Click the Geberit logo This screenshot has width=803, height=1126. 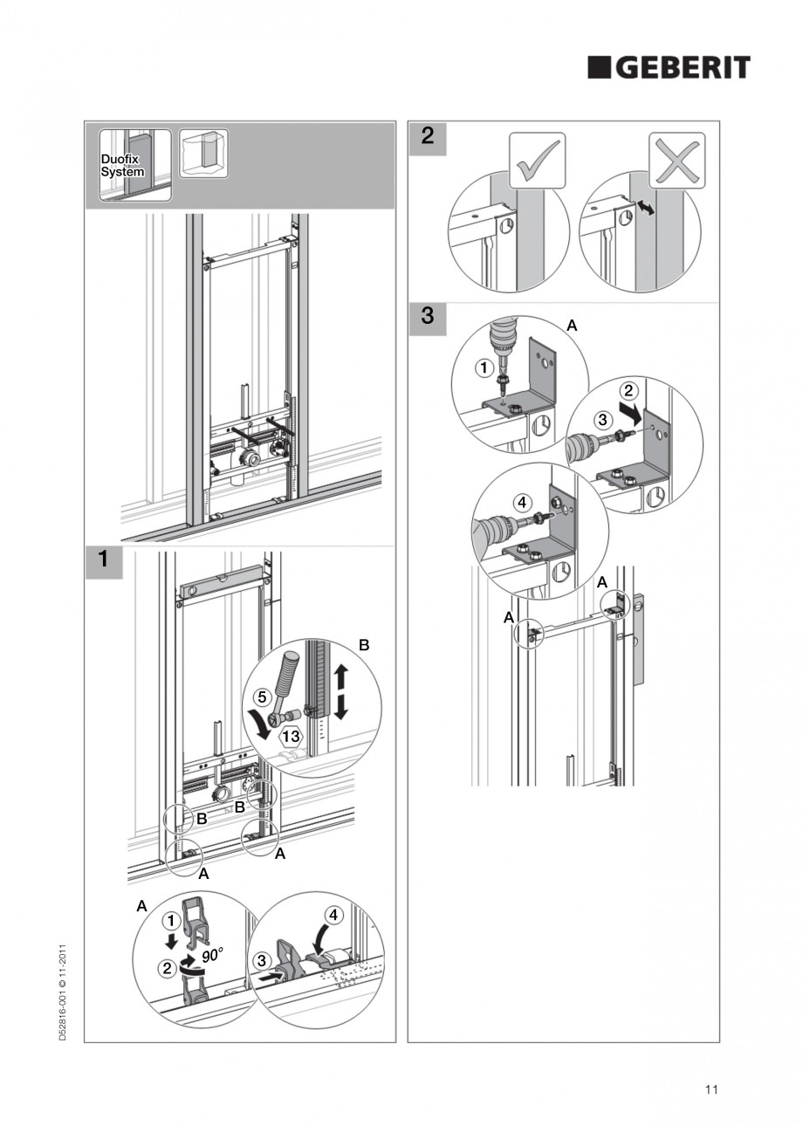tap(669, 68)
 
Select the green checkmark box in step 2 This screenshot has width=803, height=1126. tap(538, 160)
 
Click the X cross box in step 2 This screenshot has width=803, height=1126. tap(676, 160)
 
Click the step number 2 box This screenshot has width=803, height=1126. tap(427, 137)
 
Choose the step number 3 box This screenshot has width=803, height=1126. tap(427, 316)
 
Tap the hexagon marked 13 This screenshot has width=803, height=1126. tap(292, 736)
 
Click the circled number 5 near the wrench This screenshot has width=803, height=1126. tap(261, 697)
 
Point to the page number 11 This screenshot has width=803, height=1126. tap(711, 1088)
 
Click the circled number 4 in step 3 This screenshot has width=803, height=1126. tap(521, 503)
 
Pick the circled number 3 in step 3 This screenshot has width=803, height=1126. tap(601, 420)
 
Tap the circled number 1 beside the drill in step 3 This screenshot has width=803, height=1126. tap(482, 367)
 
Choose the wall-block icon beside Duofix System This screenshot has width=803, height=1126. tap(203, 154)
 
